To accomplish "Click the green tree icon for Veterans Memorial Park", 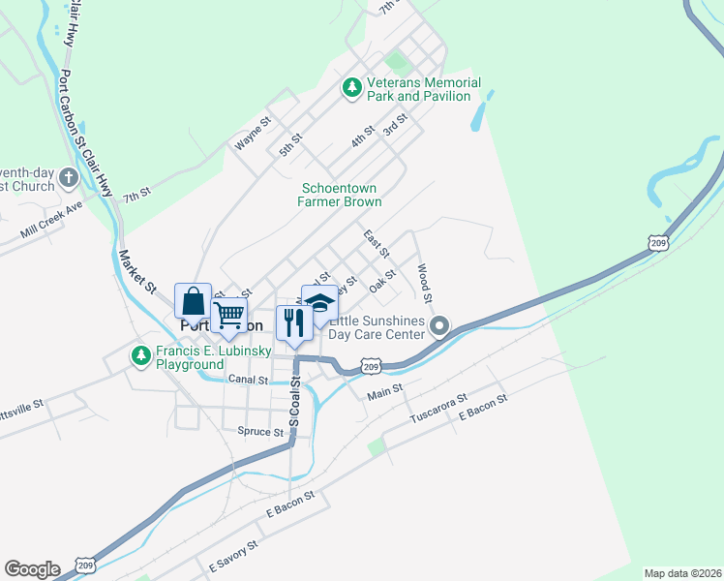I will click(x=353, y=88).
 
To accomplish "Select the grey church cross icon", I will click(x=68, y=177).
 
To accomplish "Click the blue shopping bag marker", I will click(x=193, y=301).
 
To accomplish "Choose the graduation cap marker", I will click(x=319, y=303).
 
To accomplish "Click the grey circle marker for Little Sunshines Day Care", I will click(x=440, y=326).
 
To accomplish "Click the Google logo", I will click(x=32, y=569).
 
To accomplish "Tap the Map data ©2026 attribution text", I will click(x=681, y=572).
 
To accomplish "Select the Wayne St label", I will click(x=252, y=135).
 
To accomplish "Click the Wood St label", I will click(x=424, y=281).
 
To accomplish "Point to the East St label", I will click(x=376, y=244).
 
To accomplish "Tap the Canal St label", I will click(x=248, y=380).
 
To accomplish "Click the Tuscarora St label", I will click(x=437, y=407).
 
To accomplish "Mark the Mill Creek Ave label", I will click(x=52, y=228).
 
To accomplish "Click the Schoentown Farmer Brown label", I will click(x=341, y=195).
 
